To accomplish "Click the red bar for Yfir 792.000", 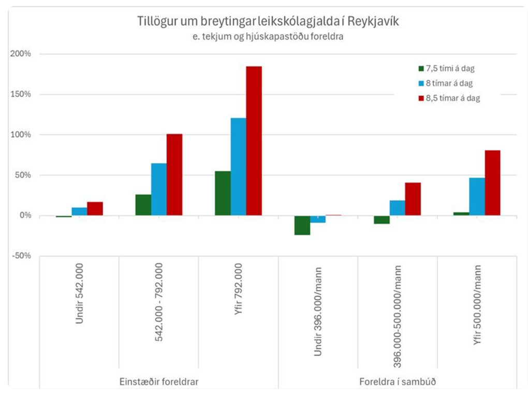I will click(x=254, y=141).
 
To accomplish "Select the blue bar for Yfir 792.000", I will click(x=238, y=167).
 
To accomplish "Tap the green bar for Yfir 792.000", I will click(x=223, y=193).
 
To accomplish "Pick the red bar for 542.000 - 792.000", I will click(x=174, y=174).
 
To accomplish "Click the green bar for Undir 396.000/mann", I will click(x=302, y=225).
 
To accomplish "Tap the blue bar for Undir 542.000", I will click(x=79, y=211).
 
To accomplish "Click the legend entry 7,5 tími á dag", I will click(x=450, y=68).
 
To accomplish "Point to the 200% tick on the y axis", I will click(x=21, y=54).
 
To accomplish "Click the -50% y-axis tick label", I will click(x=21, y=256).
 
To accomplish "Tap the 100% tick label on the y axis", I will click(x=21, y=135).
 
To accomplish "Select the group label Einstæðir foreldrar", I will click(x=158, y=382).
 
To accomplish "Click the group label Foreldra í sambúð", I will click(x=397, y=382).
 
